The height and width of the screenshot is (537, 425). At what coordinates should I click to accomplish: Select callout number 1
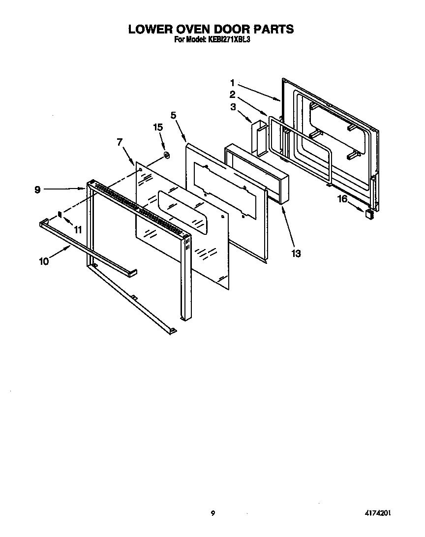click(232, 83)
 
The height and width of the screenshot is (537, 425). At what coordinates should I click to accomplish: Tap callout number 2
click(232, 95)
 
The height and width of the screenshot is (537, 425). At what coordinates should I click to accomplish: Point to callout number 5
click(173, 115)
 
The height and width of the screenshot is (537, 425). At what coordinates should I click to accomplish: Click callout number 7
click(119, 143)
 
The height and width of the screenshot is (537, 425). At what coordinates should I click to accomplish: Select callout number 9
click(38, 189)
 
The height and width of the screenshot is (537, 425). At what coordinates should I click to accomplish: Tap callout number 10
click(44, 261)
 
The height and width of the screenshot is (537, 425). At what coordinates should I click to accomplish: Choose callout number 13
click(296, 254)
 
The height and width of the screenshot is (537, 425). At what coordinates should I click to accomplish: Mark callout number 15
click(157, 127)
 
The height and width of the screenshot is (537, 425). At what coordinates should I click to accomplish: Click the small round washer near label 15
click(166, 156)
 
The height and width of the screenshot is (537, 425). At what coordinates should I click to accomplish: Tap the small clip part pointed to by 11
click(60, 214)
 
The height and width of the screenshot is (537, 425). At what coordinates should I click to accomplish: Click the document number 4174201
click(377, 513)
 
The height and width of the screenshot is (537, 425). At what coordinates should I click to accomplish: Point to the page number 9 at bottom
click(212, 513)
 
